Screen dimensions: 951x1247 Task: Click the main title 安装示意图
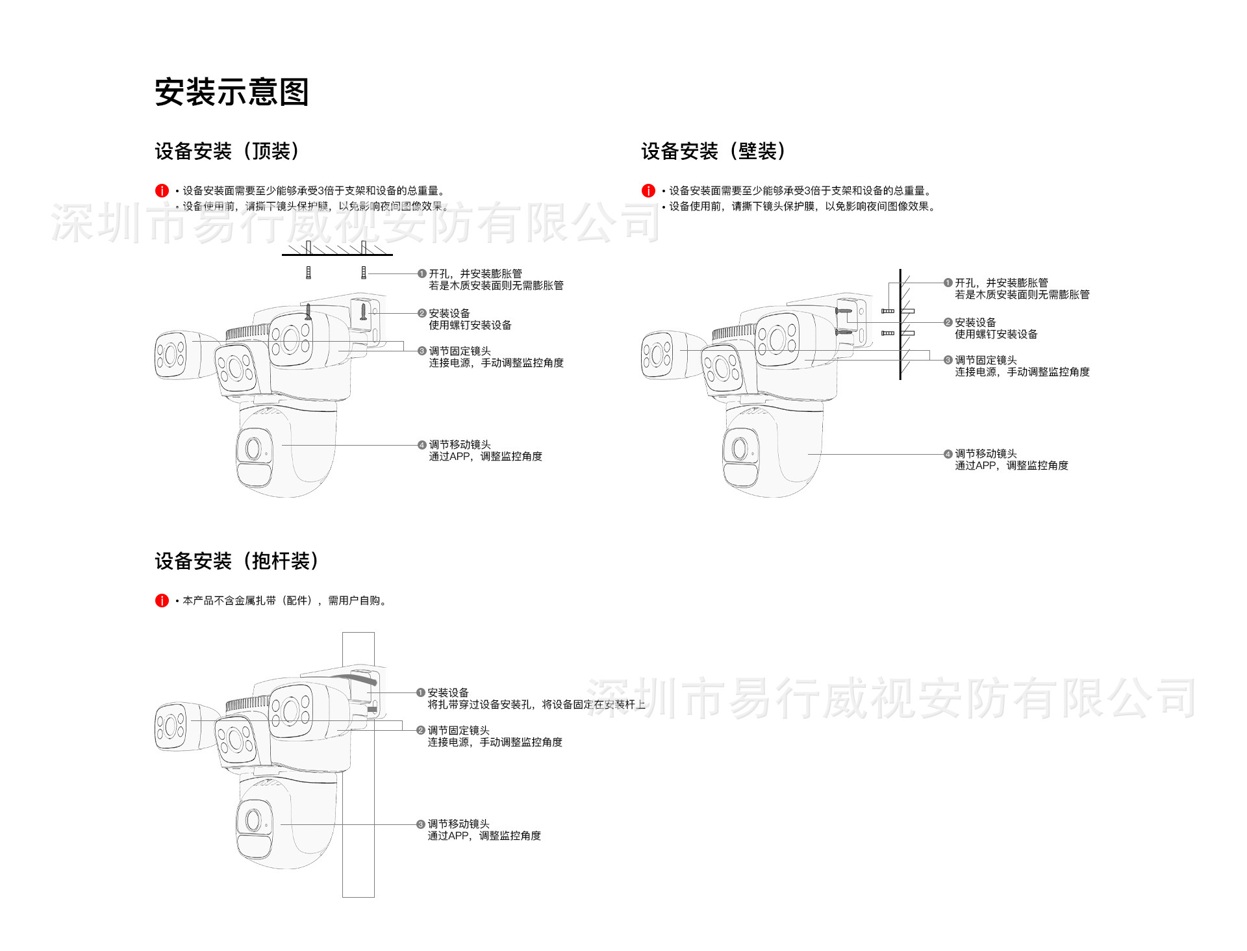[x=231, y=92]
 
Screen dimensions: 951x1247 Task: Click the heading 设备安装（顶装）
[x=227, y=151]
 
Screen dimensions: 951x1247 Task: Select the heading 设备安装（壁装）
[x=713, y=151]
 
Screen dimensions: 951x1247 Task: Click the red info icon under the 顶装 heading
[x=162, y=191]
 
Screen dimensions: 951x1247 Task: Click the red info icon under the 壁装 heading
[x=648, y=191]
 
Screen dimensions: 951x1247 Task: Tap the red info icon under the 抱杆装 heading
[x=162, y=601]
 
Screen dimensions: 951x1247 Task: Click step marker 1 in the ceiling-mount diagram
[x=422, y=274]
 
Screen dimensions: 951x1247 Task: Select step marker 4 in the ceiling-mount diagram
[x=422, y=445]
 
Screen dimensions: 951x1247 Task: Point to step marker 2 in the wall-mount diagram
[x=948, y=323]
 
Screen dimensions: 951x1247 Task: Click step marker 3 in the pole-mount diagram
[x=421, y=824]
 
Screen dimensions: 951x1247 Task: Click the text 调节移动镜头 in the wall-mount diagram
[x=985, y=453]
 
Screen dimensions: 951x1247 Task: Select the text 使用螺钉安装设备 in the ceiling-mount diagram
[x=470, y=325]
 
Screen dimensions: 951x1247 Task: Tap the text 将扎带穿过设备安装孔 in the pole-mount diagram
[x=480, y=705]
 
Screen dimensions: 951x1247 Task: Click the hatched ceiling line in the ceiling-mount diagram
[x=337, y=252]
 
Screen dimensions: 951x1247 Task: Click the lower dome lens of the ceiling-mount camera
[x=253, y=448]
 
